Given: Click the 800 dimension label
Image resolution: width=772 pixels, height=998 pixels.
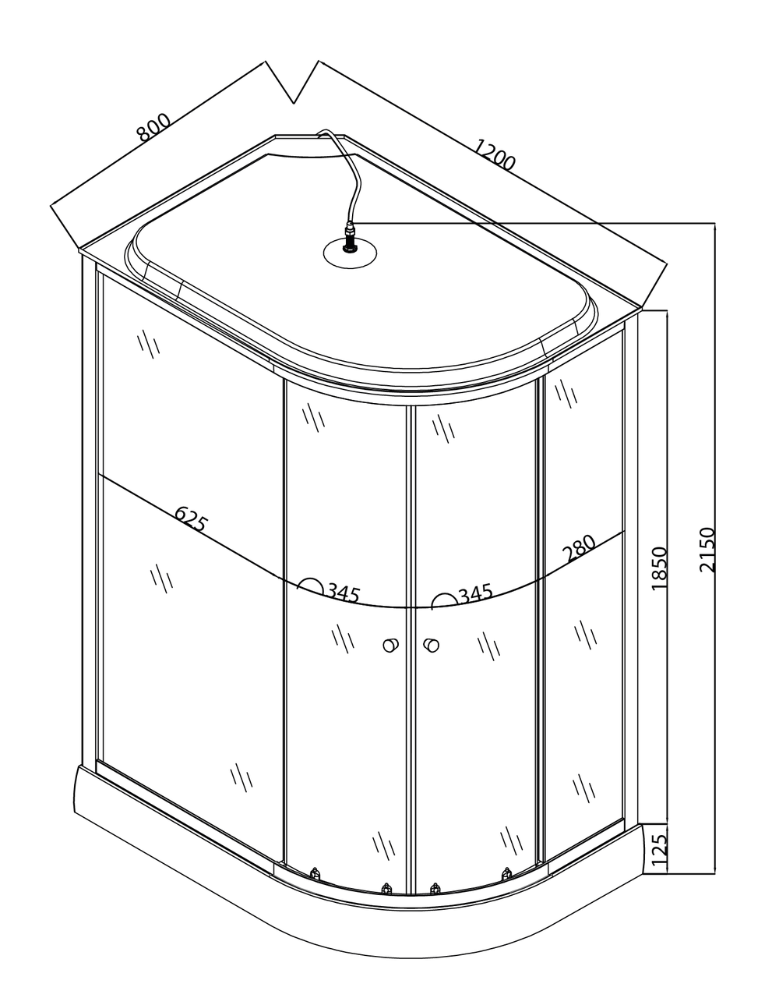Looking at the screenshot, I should (153, 127).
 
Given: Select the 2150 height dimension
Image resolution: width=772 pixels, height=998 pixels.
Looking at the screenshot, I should (706, 550).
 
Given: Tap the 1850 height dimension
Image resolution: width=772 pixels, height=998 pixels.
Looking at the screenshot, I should (659, 568).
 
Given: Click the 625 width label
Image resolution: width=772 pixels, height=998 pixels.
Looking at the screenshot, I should (191, 518).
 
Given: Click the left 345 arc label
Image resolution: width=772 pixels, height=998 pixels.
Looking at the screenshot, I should (343, 593).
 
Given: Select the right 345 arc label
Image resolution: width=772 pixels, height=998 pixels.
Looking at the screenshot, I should (475, 595).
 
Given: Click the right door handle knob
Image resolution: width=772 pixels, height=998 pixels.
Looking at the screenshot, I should (430, 645).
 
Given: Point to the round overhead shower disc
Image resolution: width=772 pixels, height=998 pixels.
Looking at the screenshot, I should (350, 252).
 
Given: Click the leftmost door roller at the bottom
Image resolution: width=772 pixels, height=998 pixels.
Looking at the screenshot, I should (315, 874).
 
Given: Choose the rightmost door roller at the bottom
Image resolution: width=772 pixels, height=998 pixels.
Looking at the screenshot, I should (507, 874).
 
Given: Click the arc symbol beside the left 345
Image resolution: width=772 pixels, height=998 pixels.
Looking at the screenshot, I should (311, 586).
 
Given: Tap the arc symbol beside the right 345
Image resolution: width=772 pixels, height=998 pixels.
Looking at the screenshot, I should (444, 600).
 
